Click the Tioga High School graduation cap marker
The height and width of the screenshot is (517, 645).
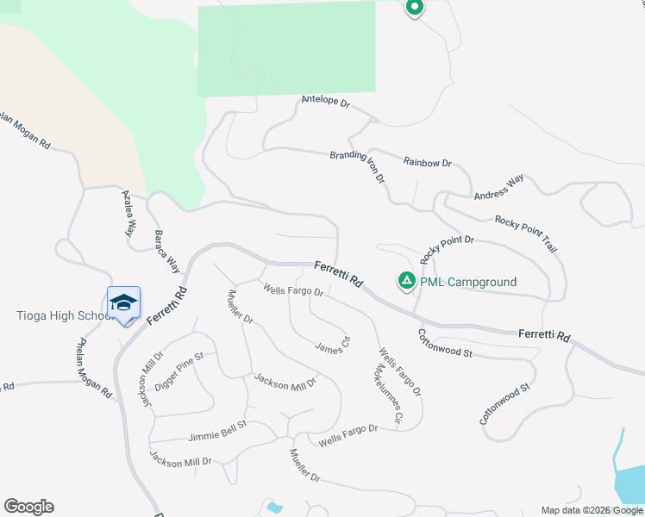[123, 302]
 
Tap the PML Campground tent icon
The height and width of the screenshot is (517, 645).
[406, 281]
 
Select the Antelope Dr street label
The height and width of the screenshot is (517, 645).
[325, 102]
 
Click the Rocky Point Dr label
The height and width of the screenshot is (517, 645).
[447, 249]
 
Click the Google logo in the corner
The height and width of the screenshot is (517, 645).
[28, 507]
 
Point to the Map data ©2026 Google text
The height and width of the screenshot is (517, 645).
[592, 510]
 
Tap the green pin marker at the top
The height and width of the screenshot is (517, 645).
[414, 9]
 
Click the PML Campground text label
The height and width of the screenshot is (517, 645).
[468, 282]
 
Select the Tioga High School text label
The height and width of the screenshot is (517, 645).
[59, 315]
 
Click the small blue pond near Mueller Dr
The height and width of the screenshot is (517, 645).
[274, 508]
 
